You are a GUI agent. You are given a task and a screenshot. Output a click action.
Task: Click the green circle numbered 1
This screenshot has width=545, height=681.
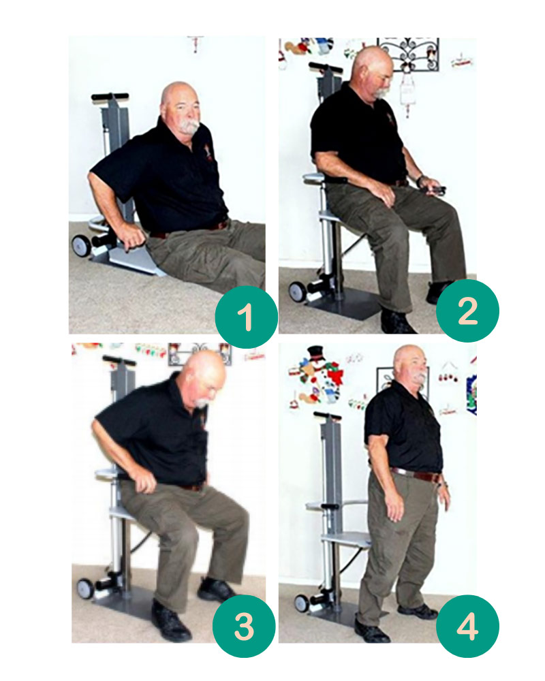tap(246, 317)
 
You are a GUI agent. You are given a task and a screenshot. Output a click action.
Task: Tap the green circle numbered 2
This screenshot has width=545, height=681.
tap(467, 311)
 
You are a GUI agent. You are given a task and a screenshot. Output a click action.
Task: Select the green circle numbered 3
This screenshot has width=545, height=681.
tap(244, 626)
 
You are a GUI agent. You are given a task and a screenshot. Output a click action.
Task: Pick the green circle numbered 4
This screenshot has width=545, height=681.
tap(467, 626)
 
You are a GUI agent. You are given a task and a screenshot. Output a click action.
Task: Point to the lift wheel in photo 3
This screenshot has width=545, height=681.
tap(85, 588)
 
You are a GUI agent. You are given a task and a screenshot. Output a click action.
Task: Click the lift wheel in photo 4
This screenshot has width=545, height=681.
tap(302, 603)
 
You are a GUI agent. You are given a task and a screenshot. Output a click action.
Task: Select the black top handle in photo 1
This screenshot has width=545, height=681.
tap(110, 96)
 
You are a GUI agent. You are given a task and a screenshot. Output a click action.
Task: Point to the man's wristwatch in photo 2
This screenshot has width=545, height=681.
tap(419, 180)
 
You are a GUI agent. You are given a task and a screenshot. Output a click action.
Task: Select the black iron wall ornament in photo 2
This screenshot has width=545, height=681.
tap(407, 55)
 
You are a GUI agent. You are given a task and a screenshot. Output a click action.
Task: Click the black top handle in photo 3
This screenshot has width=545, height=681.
tap(118, 359)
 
